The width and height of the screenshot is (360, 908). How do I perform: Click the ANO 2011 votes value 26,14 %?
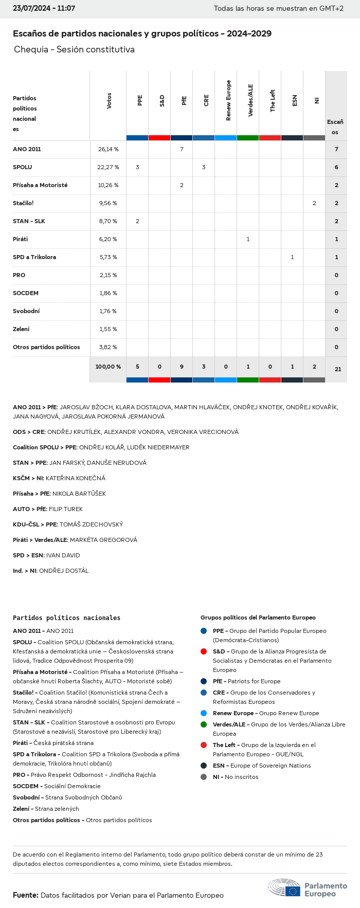108,149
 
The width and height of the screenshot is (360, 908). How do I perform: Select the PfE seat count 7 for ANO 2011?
182,149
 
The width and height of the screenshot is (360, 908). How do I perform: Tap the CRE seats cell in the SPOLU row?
204,167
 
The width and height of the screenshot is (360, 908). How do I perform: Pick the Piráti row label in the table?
21,239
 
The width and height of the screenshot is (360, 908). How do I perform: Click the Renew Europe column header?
228,101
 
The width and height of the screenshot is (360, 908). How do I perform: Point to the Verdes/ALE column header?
250,101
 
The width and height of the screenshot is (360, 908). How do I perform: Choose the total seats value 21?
338,369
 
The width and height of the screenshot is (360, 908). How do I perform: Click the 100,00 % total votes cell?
108,367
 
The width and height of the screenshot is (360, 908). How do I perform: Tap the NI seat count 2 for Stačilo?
314,203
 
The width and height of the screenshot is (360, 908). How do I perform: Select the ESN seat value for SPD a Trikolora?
292,257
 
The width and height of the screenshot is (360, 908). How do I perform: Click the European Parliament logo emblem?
284,888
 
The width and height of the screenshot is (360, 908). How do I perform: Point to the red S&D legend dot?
204,651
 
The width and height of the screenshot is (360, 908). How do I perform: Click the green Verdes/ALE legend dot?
204,724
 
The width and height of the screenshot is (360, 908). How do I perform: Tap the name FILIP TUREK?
65,509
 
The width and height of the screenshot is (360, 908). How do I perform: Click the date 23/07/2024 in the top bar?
30,9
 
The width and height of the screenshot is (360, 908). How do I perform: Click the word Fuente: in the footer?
25,895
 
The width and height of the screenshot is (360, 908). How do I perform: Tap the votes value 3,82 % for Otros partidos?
108,347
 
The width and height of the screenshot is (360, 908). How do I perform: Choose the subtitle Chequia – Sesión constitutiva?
74,49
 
